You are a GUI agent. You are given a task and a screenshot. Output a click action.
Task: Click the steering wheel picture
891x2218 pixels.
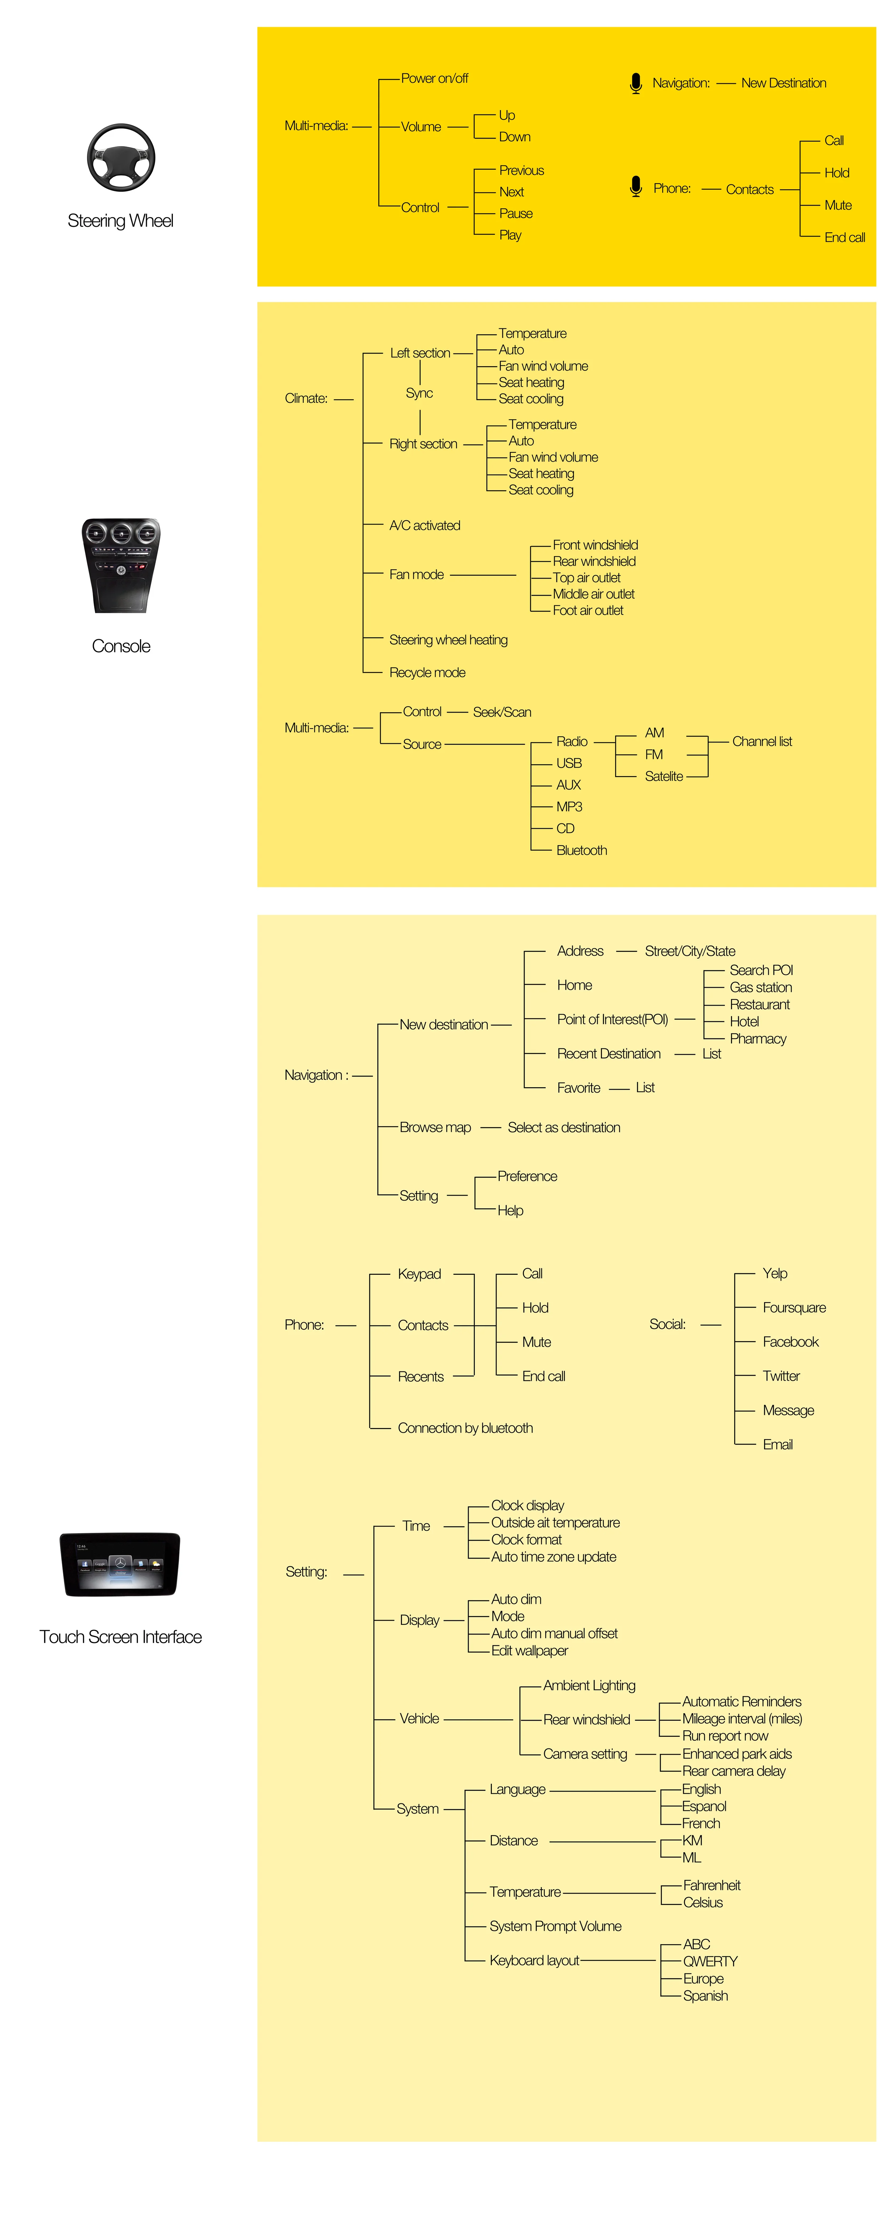120,158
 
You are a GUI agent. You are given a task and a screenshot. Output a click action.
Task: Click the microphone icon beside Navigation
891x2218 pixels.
635,83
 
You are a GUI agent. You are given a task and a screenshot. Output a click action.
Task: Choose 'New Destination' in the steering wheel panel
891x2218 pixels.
783,83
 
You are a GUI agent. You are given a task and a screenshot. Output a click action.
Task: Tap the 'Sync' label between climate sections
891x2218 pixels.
419,394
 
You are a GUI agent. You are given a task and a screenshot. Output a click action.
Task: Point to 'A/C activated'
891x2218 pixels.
424,525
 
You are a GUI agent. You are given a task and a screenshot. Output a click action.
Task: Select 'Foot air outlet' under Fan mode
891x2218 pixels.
588,610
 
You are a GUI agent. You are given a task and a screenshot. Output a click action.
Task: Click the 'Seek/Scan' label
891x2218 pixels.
502,712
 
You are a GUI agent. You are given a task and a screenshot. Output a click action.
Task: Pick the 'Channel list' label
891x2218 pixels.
762,741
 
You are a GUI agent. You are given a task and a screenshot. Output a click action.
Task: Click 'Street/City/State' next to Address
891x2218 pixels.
690,951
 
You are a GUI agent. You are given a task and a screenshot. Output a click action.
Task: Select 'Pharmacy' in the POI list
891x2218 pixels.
758,1038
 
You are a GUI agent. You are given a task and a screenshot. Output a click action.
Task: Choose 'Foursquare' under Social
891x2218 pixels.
794,1308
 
